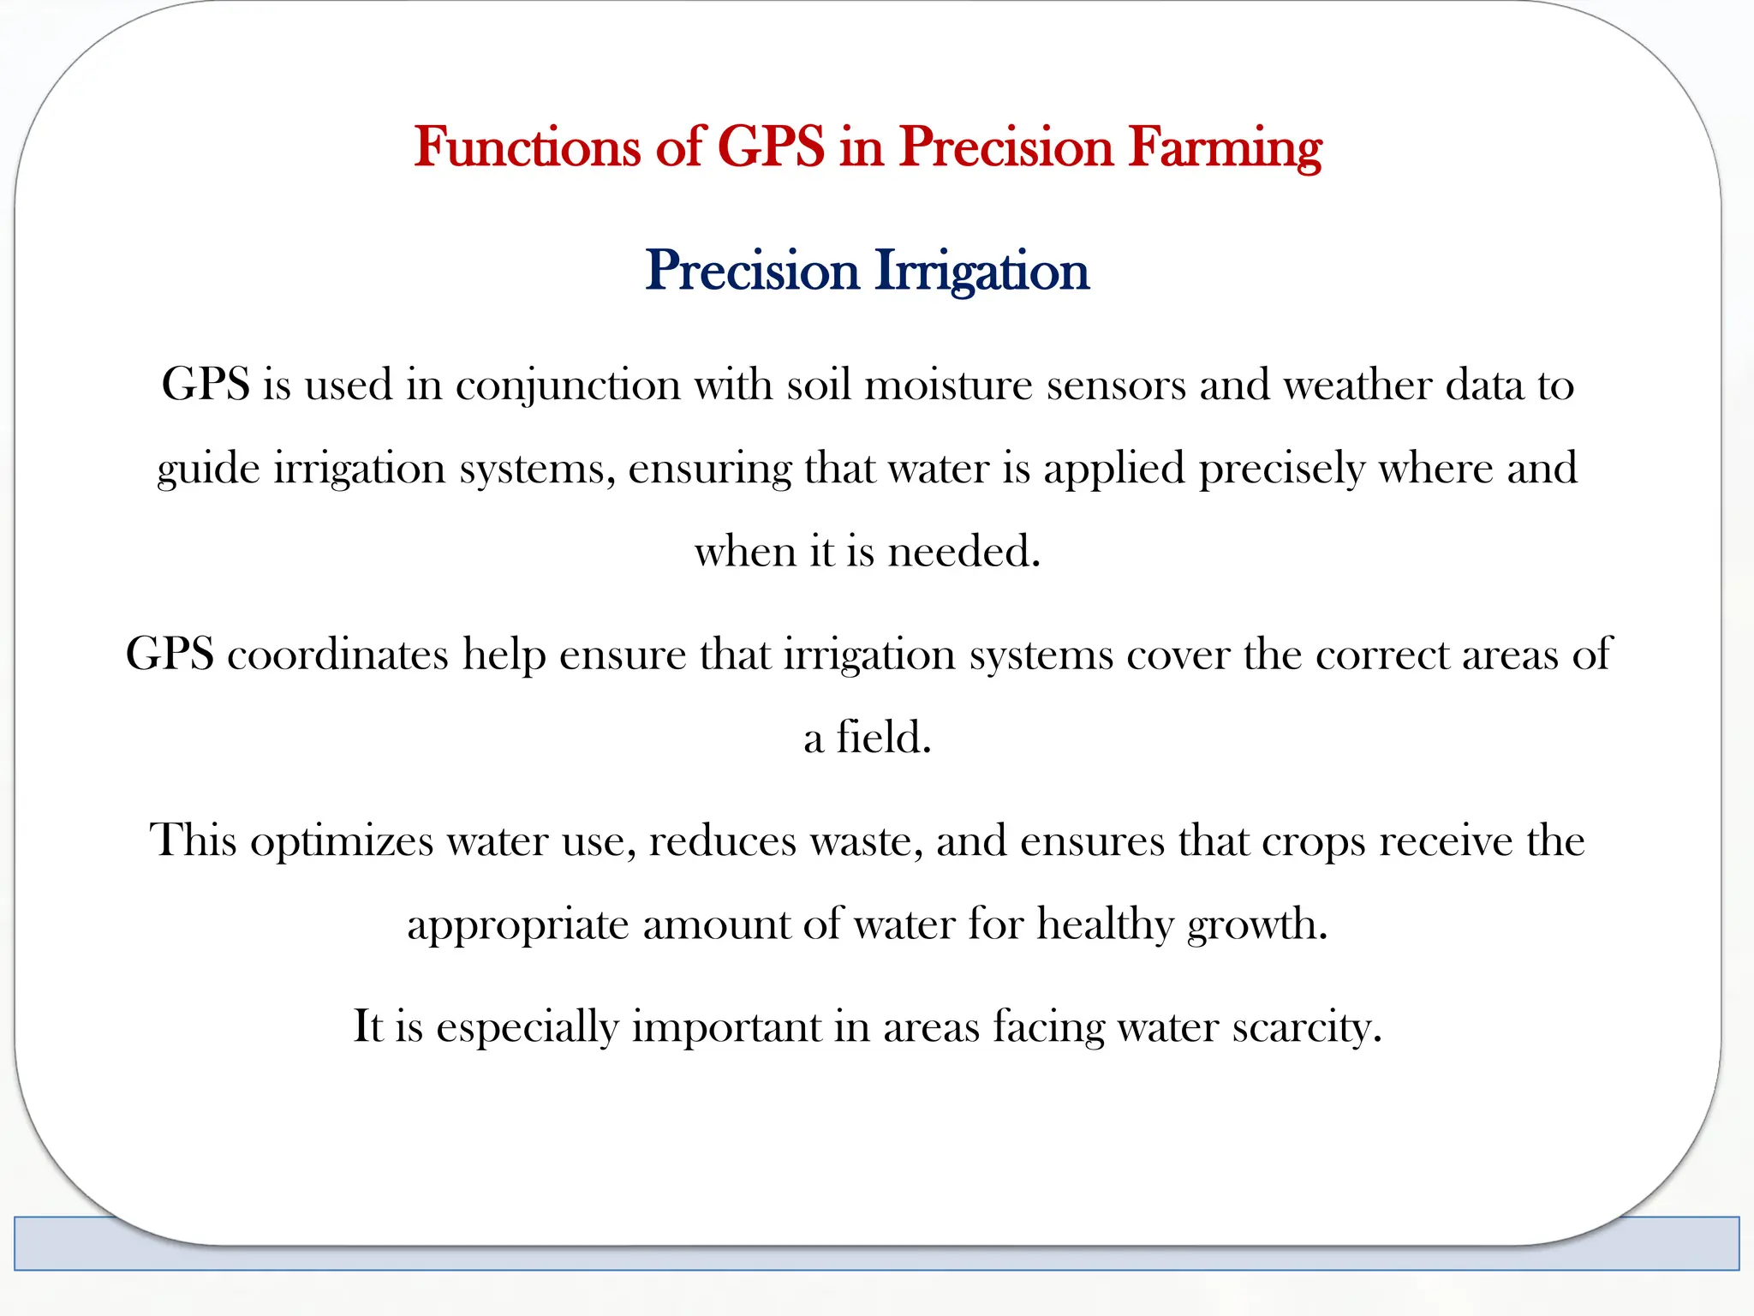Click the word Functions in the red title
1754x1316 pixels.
coord(528,147)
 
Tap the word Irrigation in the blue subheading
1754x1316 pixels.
coord(981,271)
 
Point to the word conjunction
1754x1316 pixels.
coord(568,385)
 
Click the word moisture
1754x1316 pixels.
coord(949,385)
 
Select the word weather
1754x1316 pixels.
coord(1357,385)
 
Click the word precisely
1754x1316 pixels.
coord(1281,469)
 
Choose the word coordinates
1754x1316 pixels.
coord(337,655)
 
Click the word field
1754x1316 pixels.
coord(883,737)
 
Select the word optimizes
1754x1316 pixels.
coord(342,840)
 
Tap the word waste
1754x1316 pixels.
coord(867,840)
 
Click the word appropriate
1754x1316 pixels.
coord(517,924)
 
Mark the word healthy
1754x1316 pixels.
coord(1105,924)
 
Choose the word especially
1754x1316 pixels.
coord(527,1026)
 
